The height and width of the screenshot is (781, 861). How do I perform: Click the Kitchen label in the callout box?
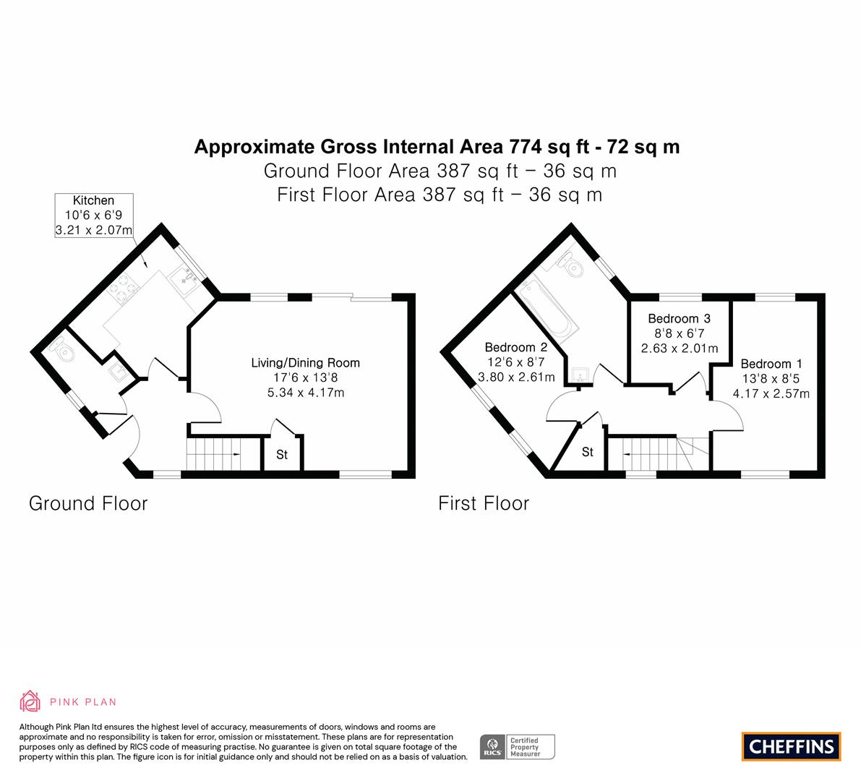pos(93,200)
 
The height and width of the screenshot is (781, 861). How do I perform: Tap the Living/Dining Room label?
pos(305,362)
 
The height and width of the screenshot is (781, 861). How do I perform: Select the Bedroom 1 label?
pos(771,364)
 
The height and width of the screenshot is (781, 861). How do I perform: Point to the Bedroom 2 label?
pos(515,347)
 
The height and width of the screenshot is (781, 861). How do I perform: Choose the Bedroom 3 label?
pos(680,319)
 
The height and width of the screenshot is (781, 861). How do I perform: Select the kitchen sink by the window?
pos(185,280)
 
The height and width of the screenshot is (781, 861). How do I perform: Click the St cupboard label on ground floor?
pos(282,454)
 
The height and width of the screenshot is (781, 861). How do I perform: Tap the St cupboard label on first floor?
pos(588,451)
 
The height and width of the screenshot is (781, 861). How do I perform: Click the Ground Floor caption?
pos(88,503)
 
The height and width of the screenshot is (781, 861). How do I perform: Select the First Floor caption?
pos(484,503)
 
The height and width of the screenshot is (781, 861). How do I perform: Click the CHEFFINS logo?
pos(792,746)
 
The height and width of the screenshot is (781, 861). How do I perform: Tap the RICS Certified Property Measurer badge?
pos(518,747)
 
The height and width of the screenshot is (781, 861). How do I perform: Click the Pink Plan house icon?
pos(30,701)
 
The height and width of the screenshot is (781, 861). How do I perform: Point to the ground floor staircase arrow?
pos(236,454)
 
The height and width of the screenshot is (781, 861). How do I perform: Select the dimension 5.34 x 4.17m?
pos(305,393)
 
